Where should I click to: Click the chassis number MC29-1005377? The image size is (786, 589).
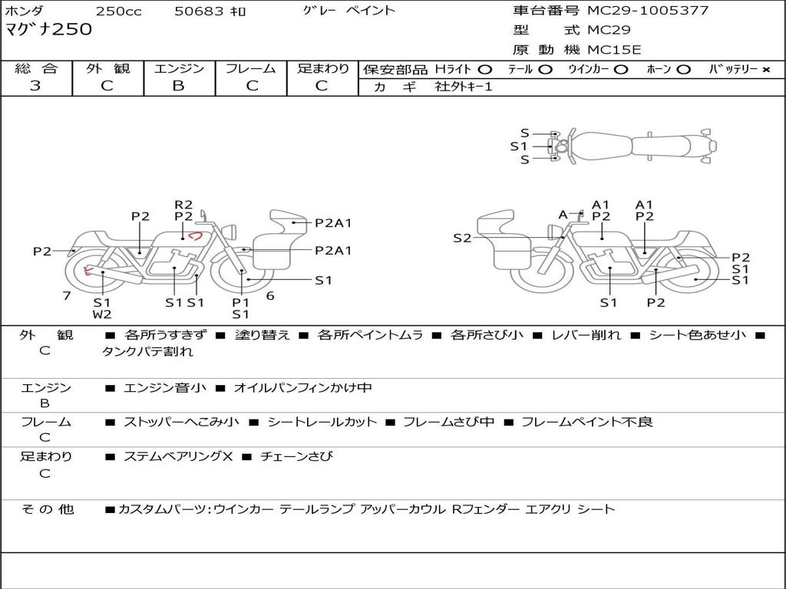[x=648, y=11]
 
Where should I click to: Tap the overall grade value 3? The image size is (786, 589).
[x=35, y=86]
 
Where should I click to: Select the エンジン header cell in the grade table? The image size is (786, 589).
[x=179, y=68]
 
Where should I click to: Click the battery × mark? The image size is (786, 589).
[x=766, y=70]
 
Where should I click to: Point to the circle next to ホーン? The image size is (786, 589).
[x=683, y=70]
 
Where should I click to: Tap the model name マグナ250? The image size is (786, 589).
[x=48, y=29]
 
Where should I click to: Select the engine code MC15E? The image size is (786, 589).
[x=614, y=50]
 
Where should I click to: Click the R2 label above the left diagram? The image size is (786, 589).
[x=183, y=204]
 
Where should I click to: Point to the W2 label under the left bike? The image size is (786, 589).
[x=102, y=314]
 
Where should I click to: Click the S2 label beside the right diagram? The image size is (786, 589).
[x=462, y=239]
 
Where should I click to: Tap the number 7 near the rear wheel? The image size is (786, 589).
[x=67, y=296]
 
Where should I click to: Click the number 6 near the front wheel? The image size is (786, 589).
[x=270, y=296]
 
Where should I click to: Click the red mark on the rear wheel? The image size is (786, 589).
[x=88, y=271]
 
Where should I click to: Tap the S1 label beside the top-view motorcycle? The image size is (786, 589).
[x=519, y=146]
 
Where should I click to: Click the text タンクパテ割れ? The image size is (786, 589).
[x=147, y=351]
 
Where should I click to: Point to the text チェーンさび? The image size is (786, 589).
[x=296, y=456]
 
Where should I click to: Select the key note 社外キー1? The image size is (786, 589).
[x=464, y=87]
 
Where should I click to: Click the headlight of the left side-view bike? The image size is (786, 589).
[x=231, y=232]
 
